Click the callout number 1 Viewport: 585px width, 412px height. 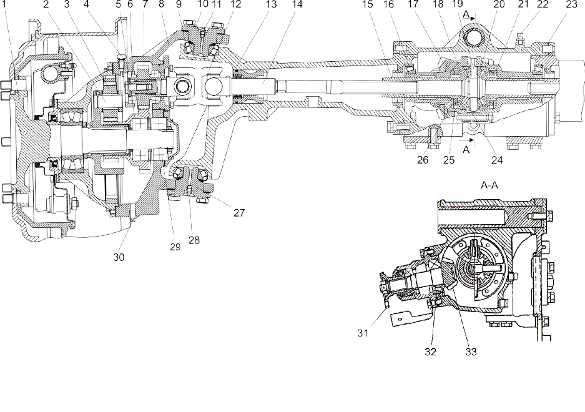point(4,4)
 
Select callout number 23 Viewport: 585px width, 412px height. point(571,4)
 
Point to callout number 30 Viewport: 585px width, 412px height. point(119,257)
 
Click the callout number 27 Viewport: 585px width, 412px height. point(239,212)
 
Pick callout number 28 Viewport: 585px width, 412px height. point(194,240)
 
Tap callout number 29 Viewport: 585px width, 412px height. point(175,247)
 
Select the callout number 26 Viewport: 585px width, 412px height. point(423,159)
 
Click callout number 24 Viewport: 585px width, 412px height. point(497,160)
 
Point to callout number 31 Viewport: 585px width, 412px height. point(363,333)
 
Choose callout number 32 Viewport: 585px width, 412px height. point(430,351)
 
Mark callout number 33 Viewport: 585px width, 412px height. point(471,351)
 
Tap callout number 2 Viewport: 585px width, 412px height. point(46,4)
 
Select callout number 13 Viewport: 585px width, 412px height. point(271,4)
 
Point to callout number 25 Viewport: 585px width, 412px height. point(449,159)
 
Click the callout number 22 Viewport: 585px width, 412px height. point(543,4)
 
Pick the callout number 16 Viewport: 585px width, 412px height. point(388,4)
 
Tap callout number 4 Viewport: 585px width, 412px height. point(87,4)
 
